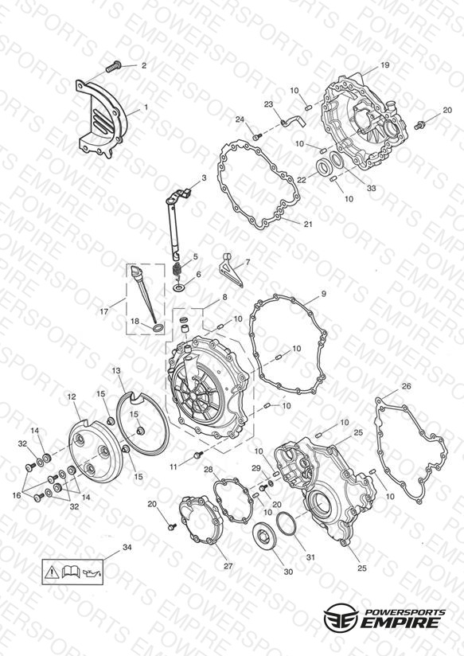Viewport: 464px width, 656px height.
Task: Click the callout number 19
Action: pos(385,64)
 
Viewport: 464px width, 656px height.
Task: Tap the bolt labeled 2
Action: pos(113,66)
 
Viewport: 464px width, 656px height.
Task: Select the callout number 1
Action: pos(146,107)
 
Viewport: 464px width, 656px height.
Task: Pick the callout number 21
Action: pos(308,225)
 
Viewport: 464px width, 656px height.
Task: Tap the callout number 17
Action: pos(104,311)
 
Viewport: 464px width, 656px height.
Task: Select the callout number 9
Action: pos(323,294)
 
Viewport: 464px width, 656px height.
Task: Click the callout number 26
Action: pos(406,386)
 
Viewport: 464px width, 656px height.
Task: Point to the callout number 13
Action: pos(116,370)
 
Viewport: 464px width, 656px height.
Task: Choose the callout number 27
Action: pos(228,566)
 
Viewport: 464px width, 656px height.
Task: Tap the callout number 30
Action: pos(288,572)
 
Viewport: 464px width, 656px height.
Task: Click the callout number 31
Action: pos(310,557)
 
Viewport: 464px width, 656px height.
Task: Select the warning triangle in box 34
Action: pos(51,571)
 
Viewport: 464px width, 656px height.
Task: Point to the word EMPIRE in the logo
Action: pos(400,622)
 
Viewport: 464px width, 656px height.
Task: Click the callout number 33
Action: pos(371,188)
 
